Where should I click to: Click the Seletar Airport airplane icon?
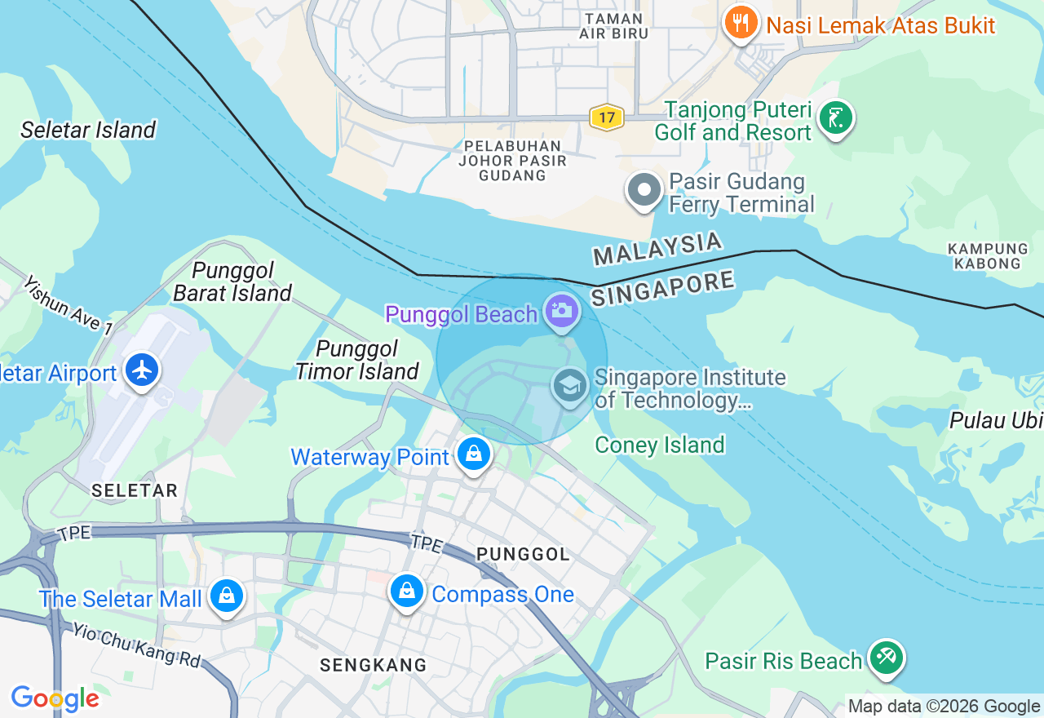tap(143, 370)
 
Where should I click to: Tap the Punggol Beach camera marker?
tap(561, 311)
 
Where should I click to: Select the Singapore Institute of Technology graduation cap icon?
tap(569, 385)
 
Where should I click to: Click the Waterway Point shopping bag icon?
tap(474, 454)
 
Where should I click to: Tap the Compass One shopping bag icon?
tap(406, 591)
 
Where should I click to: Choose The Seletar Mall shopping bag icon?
tap(226, 596)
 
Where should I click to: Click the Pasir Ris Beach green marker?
tap(886, 658)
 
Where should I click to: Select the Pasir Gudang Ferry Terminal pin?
tap(644, 190)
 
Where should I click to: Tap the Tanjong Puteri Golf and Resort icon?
tap(835, 119)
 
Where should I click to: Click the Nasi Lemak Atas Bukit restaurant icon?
tap(741, 23)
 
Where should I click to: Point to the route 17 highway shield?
tap(606, 118)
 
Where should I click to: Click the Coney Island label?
tap(659, 445)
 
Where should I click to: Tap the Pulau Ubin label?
tap(996, 420)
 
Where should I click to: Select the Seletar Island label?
tap(88, 130)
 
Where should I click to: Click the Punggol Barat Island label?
tap(232, 281)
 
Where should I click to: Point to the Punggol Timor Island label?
tap(357, 361)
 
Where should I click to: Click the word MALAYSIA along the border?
tap(657, 248)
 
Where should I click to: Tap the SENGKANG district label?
tap(373, 665)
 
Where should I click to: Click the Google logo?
tap(55, 698)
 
